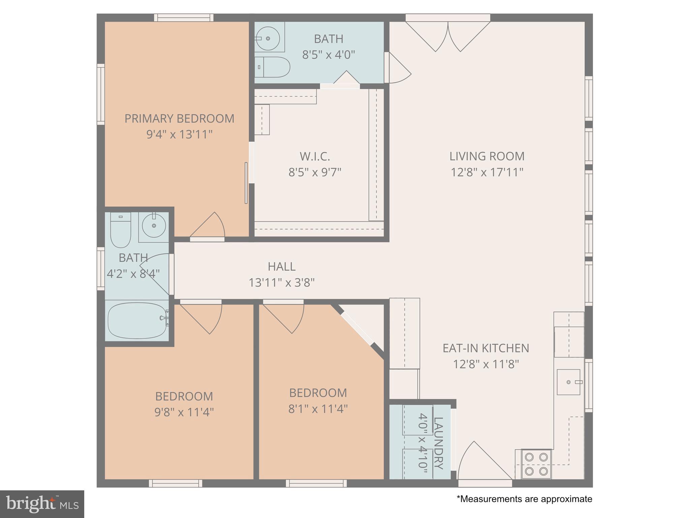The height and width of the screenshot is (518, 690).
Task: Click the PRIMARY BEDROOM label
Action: coord(179,119)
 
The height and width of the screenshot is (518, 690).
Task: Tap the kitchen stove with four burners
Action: coord(536,464)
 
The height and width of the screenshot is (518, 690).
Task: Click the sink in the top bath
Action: coord(268,38)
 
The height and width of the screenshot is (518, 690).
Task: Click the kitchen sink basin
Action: coord(568,382)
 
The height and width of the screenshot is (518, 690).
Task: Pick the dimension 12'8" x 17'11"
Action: coord(487,172)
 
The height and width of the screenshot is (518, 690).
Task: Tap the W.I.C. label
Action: coord(315,156)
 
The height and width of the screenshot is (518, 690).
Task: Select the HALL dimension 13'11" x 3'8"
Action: coord(282,282)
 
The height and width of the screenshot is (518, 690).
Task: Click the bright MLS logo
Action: coord(42,504)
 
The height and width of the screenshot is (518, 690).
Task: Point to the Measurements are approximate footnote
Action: coord(524,499)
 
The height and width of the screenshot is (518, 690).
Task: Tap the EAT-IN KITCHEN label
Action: coord(485,348)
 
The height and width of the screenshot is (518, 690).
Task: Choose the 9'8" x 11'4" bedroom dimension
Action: coord(184,412)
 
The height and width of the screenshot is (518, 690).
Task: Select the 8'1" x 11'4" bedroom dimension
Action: coord(318,409)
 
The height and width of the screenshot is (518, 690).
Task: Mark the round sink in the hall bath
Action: coord(154,225)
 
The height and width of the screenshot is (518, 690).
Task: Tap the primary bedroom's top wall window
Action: coord(184,18)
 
